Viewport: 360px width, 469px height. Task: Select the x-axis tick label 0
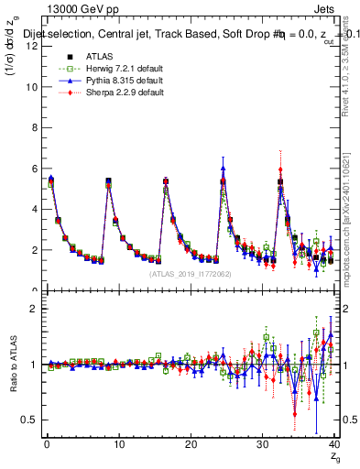(46, 445)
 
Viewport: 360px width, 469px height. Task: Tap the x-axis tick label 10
(117, 445)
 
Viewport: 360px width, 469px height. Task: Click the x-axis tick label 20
(190, 445)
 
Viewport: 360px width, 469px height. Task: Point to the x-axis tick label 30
(261, 445)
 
